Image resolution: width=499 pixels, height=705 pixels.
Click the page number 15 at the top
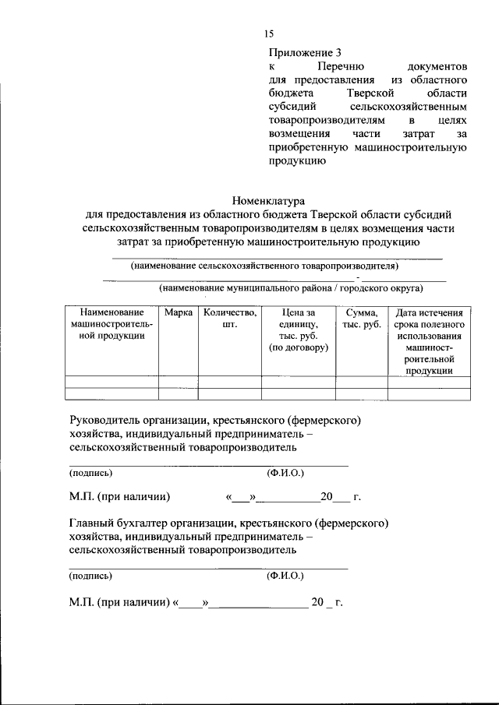(x=269, y=33)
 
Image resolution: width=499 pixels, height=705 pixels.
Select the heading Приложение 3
(x=305, y=53)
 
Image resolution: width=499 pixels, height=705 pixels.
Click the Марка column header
(x=179, y=312)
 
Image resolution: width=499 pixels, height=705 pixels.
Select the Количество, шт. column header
(x=229, y=319)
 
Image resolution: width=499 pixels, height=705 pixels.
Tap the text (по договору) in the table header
(x=299, y=347)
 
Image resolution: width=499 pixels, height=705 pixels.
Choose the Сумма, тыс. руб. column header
(x=361, y=319)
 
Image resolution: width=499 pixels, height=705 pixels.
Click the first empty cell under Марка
(x=179, y=382)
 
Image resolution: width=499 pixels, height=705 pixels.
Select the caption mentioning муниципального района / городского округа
(x=291, y=288)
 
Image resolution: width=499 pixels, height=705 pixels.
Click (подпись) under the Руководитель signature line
(x=90, y=473)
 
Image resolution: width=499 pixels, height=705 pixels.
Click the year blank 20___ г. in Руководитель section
(x=340, y=496)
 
